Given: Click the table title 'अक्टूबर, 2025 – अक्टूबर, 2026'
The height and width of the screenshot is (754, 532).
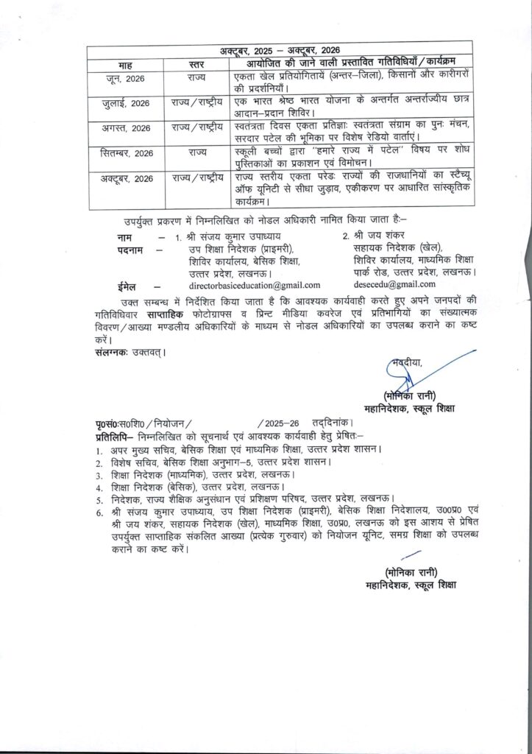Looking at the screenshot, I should pyautogui.click(x=272, y=51).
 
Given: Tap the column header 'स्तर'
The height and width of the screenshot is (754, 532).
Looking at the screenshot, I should pyautogui.click(x=196, y=64).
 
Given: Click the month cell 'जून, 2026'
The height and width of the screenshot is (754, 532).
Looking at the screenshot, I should pyautogui.click(x=124, y=77).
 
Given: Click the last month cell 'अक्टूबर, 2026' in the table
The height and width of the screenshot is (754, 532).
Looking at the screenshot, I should pyautogui.click(x=124, y=178).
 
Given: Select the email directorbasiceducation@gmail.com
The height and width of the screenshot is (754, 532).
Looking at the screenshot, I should pyautogui.click(x=254, y=285).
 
